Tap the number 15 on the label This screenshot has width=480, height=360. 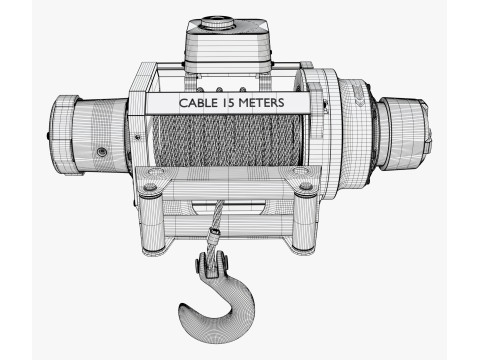(228, 103)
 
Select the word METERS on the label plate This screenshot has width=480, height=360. (261, 103)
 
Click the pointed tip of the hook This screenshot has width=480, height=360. (182, 306)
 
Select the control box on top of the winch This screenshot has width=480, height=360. (228, 47)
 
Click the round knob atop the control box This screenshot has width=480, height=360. (217, 23)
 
